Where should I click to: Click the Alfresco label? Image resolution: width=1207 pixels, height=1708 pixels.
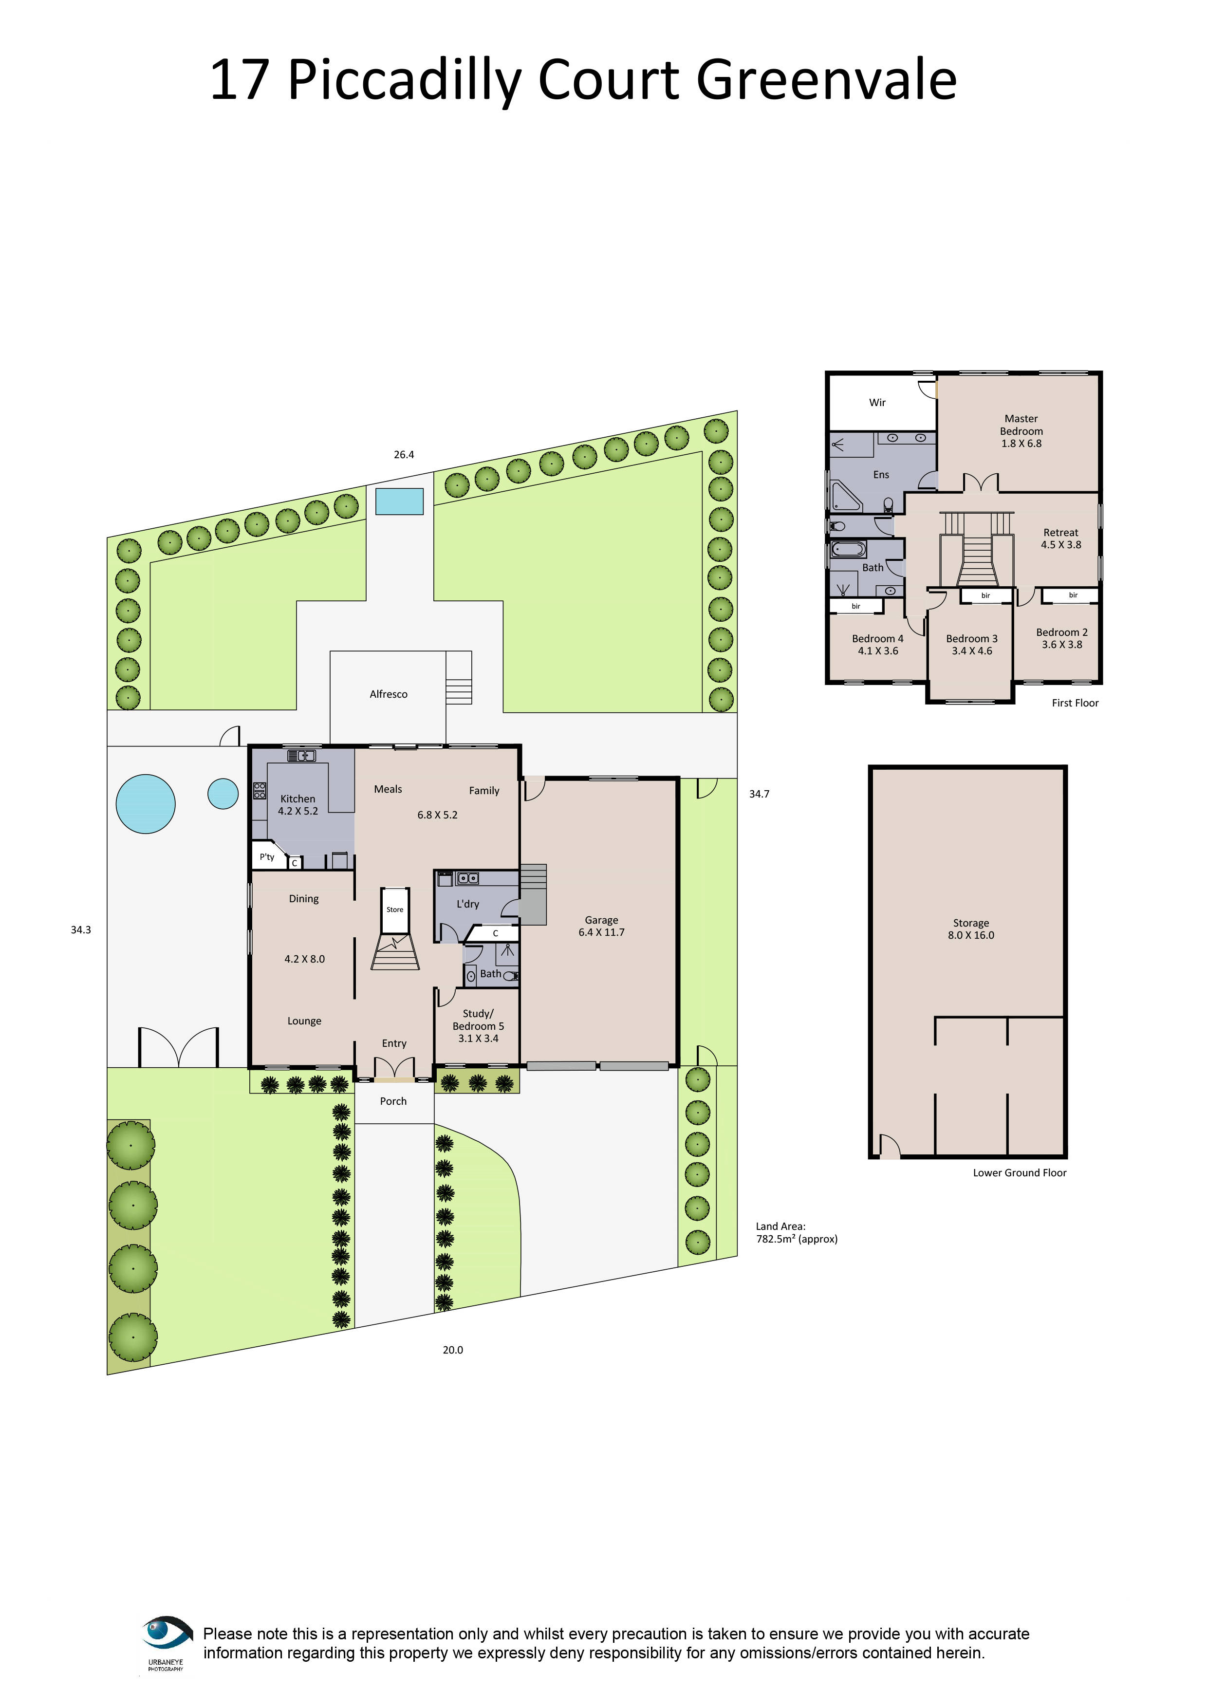[x=388, y=694]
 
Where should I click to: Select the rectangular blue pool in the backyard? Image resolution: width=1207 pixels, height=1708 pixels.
[x=399, y=501]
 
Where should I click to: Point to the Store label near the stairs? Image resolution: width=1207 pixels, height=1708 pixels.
[x=395, y=910]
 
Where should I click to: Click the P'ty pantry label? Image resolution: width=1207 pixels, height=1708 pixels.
[x=267, y=857]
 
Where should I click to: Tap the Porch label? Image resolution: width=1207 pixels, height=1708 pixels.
[x=393, y=1101]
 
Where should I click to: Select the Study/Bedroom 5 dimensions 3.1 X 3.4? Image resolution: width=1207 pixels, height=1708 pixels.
[x=478, y=1039]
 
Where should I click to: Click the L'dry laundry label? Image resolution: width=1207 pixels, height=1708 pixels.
[x=468, y=904]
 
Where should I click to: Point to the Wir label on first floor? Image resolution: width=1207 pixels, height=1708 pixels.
[x=877, y=403]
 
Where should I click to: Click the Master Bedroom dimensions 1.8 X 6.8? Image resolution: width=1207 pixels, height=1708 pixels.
[x=1021, y=444]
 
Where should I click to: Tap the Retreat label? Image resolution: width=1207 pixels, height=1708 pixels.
[x=1060, y=533]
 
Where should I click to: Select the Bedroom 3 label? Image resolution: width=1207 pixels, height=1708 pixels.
[x=971, y=638]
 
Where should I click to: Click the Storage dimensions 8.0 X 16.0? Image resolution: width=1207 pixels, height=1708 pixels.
[x=970, y=935]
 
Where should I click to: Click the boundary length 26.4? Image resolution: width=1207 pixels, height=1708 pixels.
[x=404, y=455]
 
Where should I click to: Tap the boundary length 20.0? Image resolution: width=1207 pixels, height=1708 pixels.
[x=453, y=1350]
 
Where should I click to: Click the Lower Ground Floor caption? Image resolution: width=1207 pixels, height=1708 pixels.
[x=1020, y=1173]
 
